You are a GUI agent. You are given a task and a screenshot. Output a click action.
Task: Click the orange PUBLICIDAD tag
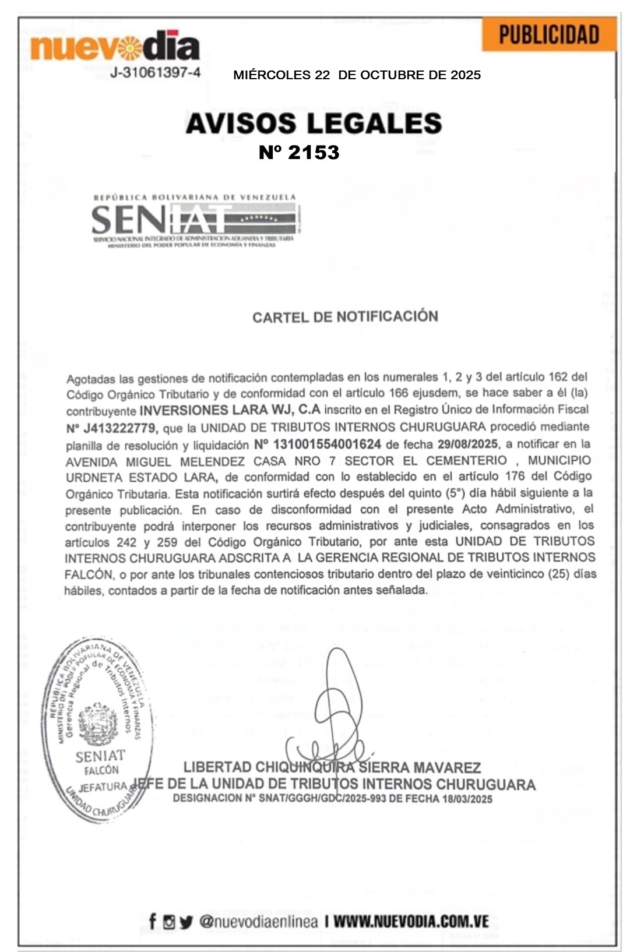click(x=548, y=35)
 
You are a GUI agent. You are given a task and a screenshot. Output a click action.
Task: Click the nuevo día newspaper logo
click(x=115, y=47)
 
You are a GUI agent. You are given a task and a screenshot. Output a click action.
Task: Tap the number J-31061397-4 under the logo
click(x=156, y=73)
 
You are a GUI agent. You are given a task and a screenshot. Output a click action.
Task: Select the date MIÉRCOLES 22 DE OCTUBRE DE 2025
click(x=357, y=75)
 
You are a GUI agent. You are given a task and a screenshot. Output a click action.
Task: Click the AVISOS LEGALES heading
click(x=314, y=124)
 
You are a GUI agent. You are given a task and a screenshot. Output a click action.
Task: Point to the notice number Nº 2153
click(x=299, y=153)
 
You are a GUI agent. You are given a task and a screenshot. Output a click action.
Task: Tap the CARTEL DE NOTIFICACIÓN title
click(x=345, y=317)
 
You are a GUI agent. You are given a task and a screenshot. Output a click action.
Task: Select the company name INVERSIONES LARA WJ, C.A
click(x=230, y=410)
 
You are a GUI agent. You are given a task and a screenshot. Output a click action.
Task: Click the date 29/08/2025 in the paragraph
click(x=467, y=444)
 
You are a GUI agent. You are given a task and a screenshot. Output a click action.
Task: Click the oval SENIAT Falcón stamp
click(x=97, y=731)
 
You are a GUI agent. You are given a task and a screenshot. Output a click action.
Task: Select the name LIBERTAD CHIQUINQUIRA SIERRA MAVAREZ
click(x=332, y=768)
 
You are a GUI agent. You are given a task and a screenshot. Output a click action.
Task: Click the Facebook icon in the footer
click(x=153, y=922)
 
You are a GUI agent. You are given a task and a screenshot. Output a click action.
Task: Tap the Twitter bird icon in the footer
click(x=186, y=922)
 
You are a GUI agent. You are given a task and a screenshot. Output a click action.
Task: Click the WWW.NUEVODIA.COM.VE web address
click(x=411, y=922)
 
